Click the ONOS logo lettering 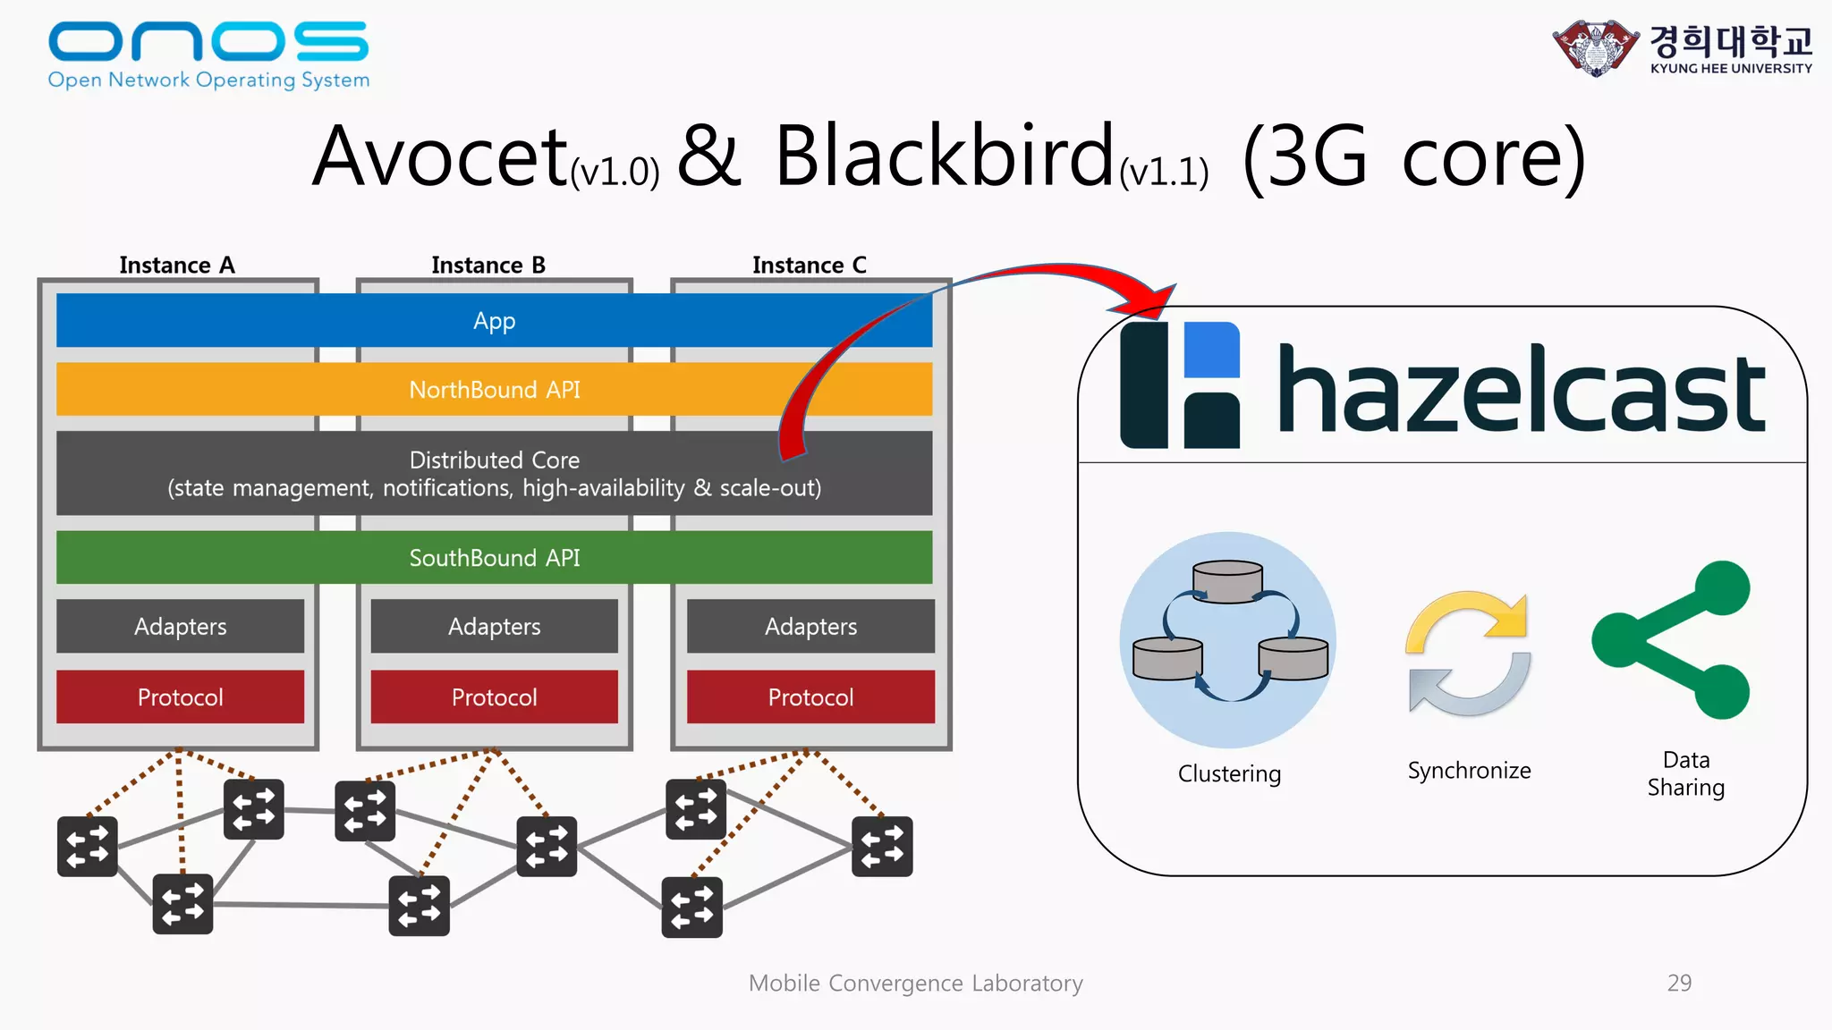click(x=208, y=41)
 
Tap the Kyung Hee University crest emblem click(x=1595, y=48)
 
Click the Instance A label click(x=177, y=266)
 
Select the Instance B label click(x=488, y=266)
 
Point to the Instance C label click(x=810, y=266)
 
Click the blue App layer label click(x=494, y=321)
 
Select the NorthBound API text click(x=494, y=390)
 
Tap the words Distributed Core click(x=494, y=460)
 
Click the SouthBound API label click(x=494, y=558)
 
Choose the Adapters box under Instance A click(x=180, y=626)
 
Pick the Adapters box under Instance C click(x=810, y=626)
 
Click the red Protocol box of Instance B click(x=494, y=697)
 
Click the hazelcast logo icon click(x=1180, y=385)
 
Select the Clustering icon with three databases click(x=1228, y=639)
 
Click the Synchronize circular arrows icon click(x=1468, y=652)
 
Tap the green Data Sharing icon click(x=1671, y=639)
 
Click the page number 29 click(x=1679, y=983)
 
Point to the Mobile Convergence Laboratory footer click(x=915, y=984)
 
